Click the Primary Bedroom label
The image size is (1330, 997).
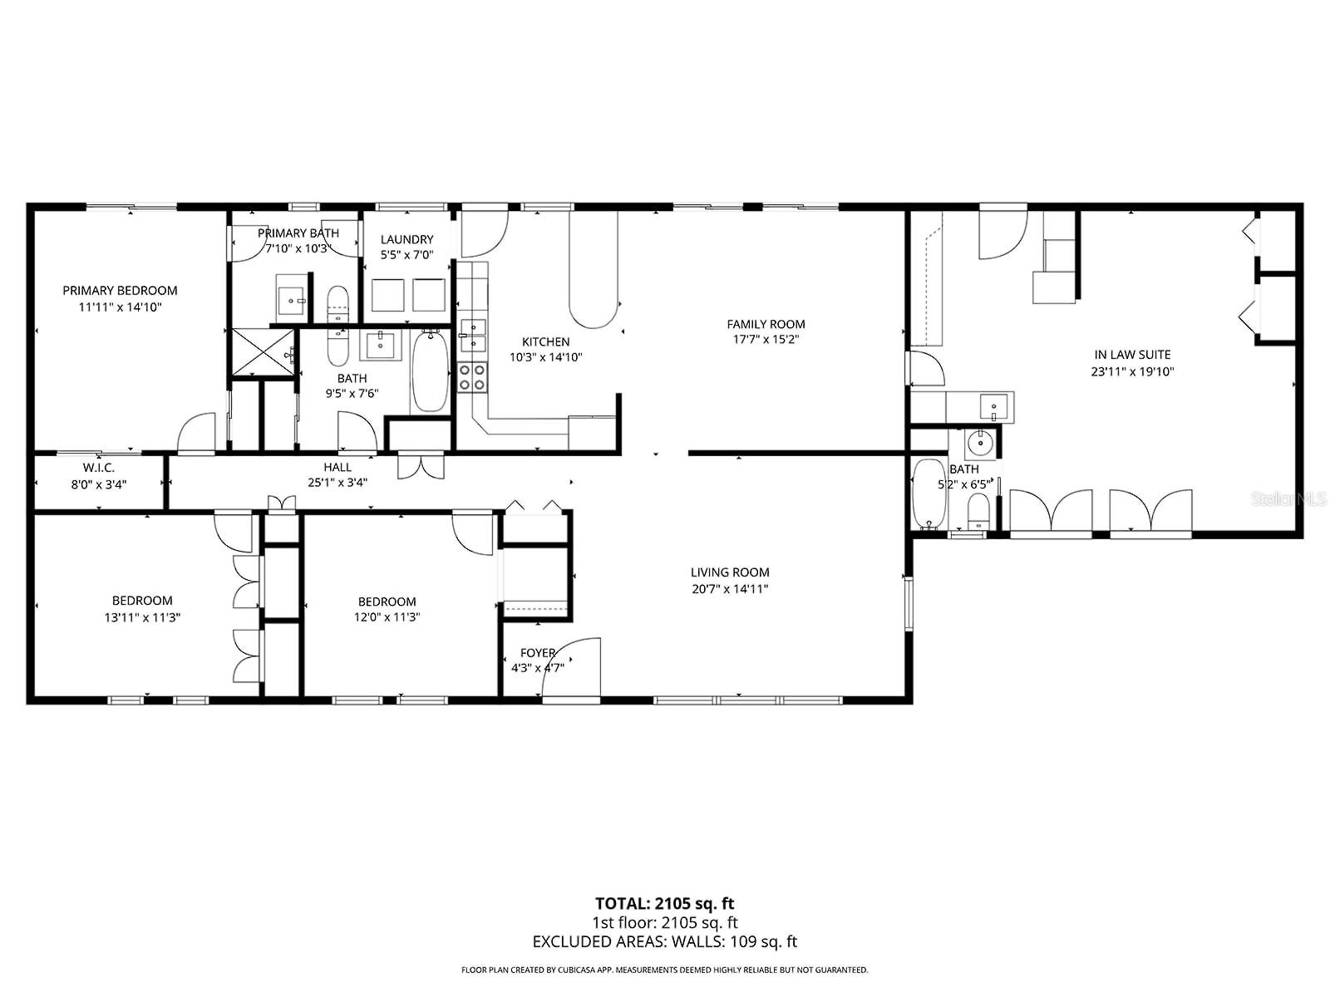click(x=120, y=291)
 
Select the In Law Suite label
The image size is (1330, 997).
click(x=1132, y=355)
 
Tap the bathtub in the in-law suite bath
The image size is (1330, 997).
click(x=928, y=494)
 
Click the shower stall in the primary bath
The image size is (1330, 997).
click(x=262, y=353)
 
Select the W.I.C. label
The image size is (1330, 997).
click(x=98, y=468)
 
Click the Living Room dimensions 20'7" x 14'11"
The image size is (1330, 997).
click(x=729, y=589)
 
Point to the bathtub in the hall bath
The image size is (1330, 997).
click(x=429, y=371)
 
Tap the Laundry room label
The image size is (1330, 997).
click(x=406, y=239)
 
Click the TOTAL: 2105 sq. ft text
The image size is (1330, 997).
click(x=664, y=903)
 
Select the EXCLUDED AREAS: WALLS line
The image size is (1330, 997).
click(x=664, y=941)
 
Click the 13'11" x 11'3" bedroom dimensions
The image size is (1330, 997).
click(x=142, y=617)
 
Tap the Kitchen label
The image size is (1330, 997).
click(x=545, y=341)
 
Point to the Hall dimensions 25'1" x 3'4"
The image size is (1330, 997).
click(x=337, y=482)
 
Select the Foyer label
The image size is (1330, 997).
click(x=537, y=653)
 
